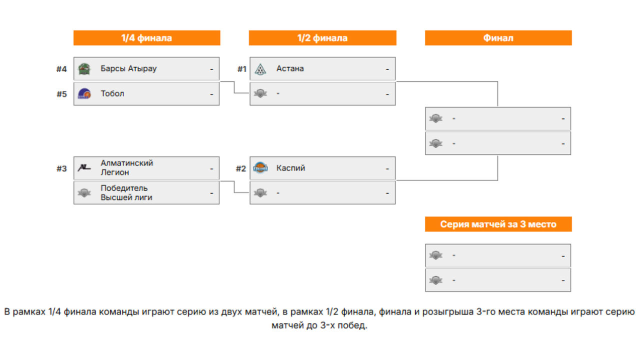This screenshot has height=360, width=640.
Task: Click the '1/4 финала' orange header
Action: point(146,38)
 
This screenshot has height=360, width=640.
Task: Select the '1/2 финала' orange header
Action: point(322,38)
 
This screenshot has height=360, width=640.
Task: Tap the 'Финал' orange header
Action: point(498,38)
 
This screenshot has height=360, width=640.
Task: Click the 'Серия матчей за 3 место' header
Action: point(498,224)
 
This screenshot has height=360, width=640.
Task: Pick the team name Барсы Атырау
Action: point(128,68)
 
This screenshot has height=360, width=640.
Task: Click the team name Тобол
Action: point(112,93)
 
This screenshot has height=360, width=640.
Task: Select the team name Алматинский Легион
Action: point(127,167)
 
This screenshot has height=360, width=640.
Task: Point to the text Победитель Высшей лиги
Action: point(126,192)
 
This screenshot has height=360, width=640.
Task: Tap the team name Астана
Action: point(290,68)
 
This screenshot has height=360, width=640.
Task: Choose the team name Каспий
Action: point(290,168)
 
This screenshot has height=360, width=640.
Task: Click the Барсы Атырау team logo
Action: point(84,69)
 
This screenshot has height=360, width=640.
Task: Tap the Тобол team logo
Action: point(84,93)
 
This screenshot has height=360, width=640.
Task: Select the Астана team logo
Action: point(260,69)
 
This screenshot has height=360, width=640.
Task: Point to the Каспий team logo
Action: point(260,168)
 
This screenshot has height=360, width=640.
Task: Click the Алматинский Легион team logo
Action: point(84,168)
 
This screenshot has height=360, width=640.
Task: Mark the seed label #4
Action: point(61,69)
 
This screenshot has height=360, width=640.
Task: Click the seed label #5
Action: point(61,94)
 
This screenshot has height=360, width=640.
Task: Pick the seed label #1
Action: point(242,69)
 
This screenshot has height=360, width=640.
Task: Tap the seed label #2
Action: point(241,168)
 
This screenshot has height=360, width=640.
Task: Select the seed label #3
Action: point(61,168)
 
